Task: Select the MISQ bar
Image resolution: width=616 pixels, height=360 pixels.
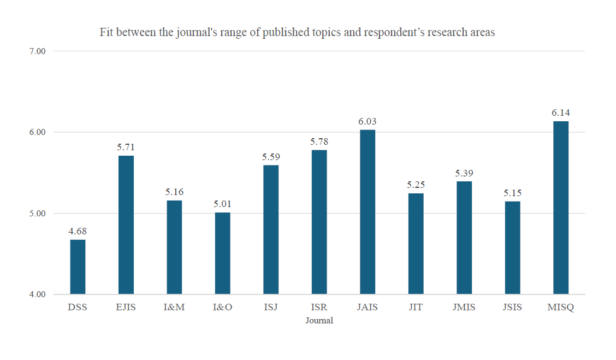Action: point(561,208)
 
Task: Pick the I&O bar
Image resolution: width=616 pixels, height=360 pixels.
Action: point(222,253)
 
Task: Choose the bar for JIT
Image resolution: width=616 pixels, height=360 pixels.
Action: point(416,244)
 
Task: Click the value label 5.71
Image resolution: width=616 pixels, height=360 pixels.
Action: point(126,147)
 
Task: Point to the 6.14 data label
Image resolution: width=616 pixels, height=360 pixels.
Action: point(561,113)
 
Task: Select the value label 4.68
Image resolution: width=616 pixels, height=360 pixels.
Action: point(78,231)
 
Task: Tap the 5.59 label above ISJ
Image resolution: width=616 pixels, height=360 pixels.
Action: point(271,157)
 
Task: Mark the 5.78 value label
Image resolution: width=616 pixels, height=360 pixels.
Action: point(319,141)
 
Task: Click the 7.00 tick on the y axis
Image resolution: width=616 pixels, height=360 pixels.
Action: point(38,51)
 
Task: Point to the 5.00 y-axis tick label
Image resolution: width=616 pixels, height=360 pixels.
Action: point(38,214)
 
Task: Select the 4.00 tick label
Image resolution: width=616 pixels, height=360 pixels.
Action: point(38,295)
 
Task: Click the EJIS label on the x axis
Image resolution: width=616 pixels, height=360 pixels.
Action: point(126,307)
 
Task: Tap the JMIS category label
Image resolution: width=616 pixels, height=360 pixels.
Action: point(464,307)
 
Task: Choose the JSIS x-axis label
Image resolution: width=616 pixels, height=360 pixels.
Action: point(512,307)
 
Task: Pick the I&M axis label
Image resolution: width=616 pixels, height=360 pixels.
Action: point(174,307)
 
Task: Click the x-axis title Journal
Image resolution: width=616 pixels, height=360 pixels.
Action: point(319,321)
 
